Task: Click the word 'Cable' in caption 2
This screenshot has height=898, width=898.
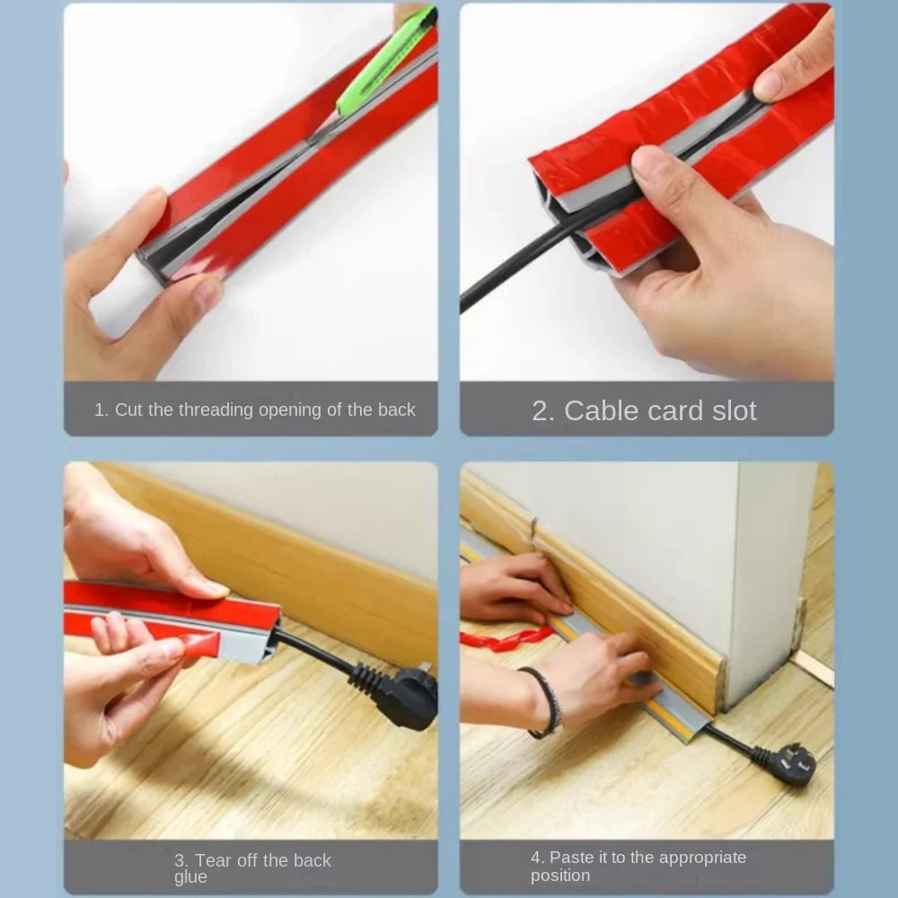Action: click(604, 410)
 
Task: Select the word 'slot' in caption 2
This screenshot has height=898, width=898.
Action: click(735, 410)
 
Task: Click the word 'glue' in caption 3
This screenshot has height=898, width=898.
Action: click(190, 877)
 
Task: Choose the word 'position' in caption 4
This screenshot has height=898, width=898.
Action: click(560, 876)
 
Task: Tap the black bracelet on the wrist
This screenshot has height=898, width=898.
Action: click(543, 702)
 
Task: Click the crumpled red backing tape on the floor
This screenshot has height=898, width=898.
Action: click(506, 638)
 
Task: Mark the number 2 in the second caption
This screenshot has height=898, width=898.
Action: click(540, 411)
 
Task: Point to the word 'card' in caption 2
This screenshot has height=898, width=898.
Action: click(679, 410)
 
